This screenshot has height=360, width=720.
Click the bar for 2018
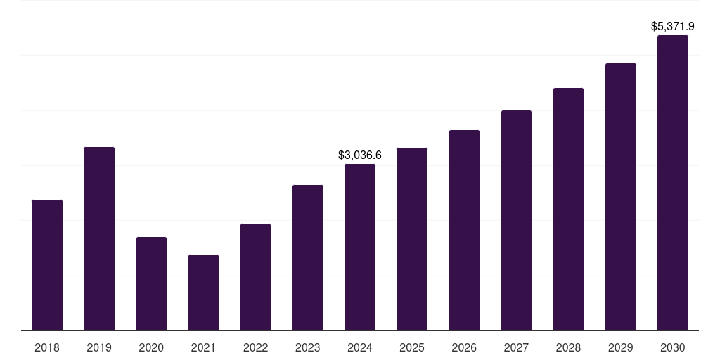47,265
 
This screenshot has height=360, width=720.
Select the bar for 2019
99,238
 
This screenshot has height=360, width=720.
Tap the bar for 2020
151,283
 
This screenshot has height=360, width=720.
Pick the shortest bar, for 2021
203,292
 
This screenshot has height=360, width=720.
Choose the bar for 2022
255,277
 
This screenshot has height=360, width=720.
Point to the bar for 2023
308,257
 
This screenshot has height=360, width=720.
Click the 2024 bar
360,247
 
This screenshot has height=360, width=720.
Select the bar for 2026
464,230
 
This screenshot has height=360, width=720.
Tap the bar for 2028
568,209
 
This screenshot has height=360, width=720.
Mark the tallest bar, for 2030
673,183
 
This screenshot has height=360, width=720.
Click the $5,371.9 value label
673,27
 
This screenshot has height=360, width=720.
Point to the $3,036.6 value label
360,155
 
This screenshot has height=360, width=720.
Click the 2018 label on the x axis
47,347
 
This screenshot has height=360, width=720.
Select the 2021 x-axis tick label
203,347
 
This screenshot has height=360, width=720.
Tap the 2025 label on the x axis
412,347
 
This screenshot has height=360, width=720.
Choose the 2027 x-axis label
516,347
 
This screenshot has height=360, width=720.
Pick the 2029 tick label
621,347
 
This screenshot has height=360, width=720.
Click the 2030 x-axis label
673,347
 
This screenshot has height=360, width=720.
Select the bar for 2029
621,197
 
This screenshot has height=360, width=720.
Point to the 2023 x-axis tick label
308,347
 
